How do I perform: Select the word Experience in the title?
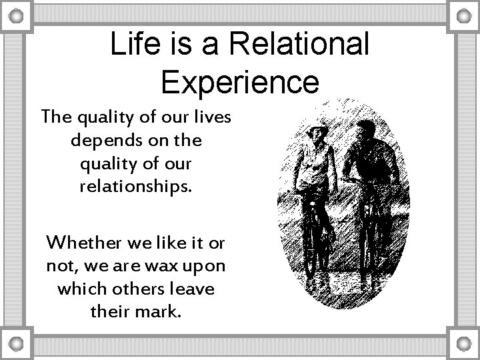240,82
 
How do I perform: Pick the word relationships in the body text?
135,186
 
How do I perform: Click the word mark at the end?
157,311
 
